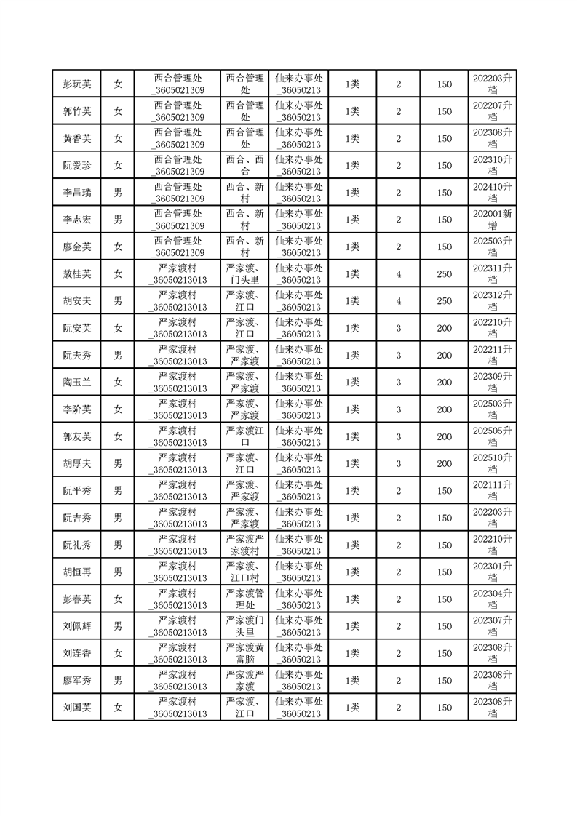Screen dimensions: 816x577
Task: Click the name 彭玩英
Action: click(76, 84)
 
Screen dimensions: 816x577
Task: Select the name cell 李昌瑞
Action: click(76, 193)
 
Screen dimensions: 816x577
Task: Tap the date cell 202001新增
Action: click(492, 220)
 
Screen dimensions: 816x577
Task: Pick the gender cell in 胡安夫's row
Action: click(118, 301)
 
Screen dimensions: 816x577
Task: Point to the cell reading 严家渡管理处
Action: click(245, 599)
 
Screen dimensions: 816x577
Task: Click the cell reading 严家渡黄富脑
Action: click(245, 653)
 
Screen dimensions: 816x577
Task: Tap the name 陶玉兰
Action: click(76, 383)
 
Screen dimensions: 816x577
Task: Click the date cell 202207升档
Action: click(492, 111)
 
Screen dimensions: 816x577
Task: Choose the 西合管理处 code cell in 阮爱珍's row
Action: click(178, 165)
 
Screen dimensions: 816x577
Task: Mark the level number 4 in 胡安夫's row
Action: click(398, 301)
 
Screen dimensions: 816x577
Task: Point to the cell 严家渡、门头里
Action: click(245, 274)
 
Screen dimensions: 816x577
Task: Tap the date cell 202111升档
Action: click(492, 491)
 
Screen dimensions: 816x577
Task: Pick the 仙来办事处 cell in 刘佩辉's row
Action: click(301, 626)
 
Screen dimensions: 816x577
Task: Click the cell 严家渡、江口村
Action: click(245, 572)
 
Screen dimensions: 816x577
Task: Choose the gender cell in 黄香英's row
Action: click(118, 138)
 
